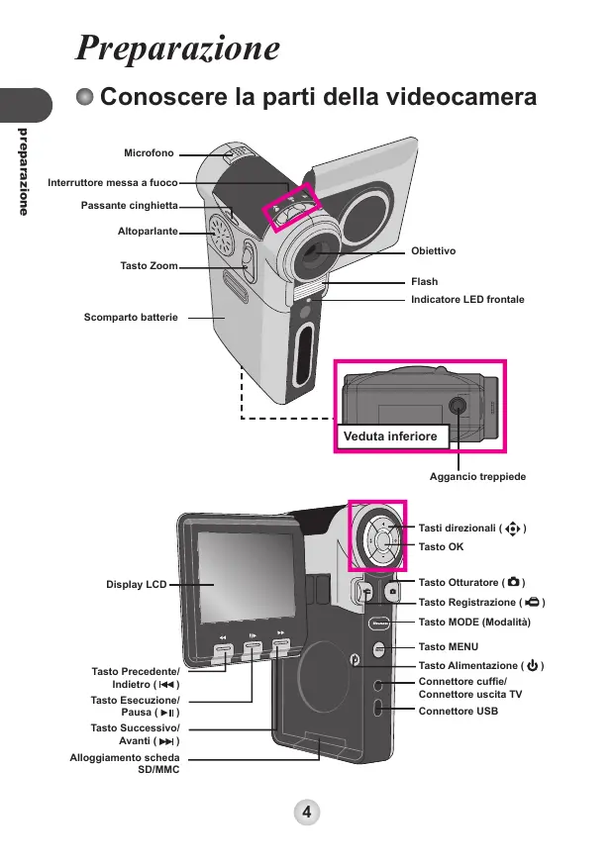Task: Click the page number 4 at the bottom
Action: (x=307, y=812)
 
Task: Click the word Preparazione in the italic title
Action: (x=177, y=48)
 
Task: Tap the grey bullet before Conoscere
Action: (x=84, y=97)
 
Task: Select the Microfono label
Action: (x=149, y=153)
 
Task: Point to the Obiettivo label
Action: (x=433, y=250)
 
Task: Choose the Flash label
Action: (x=425, y=282)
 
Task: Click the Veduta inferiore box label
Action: (x=390, y=436)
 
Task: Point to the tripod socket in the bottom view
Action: (x=457, y=407)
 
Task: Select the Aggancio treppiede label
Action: (x=478, y=477)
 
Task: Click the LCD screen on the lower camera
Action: (x=247, y=578)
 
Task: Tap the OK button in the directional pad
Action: (x=382, y=541)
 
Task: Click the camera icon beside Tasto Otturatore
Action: (x=513, y=582)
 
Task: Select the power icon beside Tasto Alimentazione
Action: (x=532, y=665)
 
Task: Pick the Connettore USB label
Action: (x=459, y=712)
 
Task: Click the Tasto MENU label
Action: (x=448, y=646)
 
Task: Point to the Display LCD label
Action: (x=137, y=584)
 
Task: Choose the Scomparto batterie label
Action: (x=131, y=318)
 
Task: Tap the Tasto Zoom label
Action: (x=150, y=265)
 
